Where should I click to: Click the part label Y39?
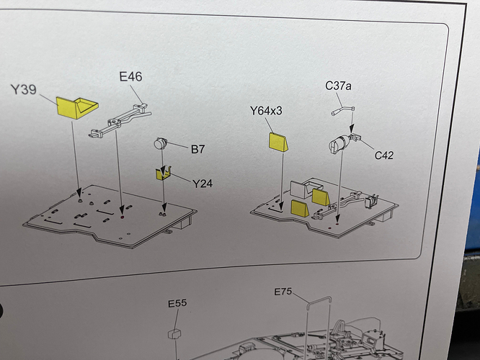[x=24, y=89]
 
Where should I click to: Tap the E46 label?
[x=130, y=76]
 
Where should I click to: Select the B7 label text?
[x=197, y=149]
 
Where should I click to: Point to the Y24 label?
[x=203, y=184]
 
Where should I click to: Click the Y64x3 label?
[x=266, y=111]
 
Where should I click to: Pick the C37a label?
[x=338, y=86]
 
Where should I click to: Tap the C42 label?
[x=384, y=156]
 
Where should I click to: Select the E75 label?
[x=283, y=292]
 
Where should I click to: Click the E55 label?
[x=177, y=303]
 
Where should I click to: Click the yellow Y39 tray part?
[x=76, y=107]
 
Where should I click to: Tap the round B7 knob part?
[x=161, y=143]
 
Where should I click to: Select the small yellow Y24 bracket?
[x=163, y=174]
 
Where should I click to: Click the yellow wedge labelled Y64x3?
[x=279, y=143]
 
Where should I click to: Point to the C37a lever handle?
[x=343, y=110]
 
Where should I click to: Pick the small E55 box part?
[x=174, y=333]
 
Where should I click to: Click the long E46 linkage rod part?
[x=120, y=120]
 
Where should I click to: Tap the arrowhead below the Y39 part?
[x=79, y=193]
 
